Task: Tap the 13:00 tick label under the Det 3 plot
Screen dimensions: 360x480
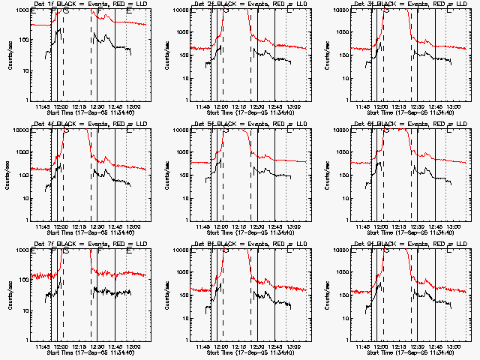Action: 454,106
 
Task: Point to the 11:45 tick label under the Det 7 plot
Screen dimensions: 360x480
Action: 43,346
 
